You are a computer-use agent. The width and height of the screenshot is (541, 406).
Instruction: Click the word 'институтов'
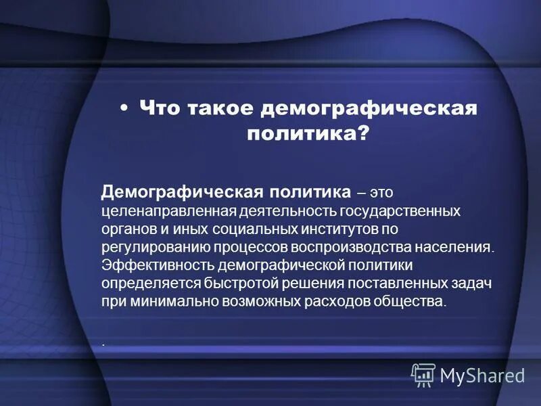coord(340,229)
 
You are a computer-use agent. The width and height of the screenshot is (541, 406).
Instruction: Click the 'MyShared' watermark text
coord(482,374)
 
